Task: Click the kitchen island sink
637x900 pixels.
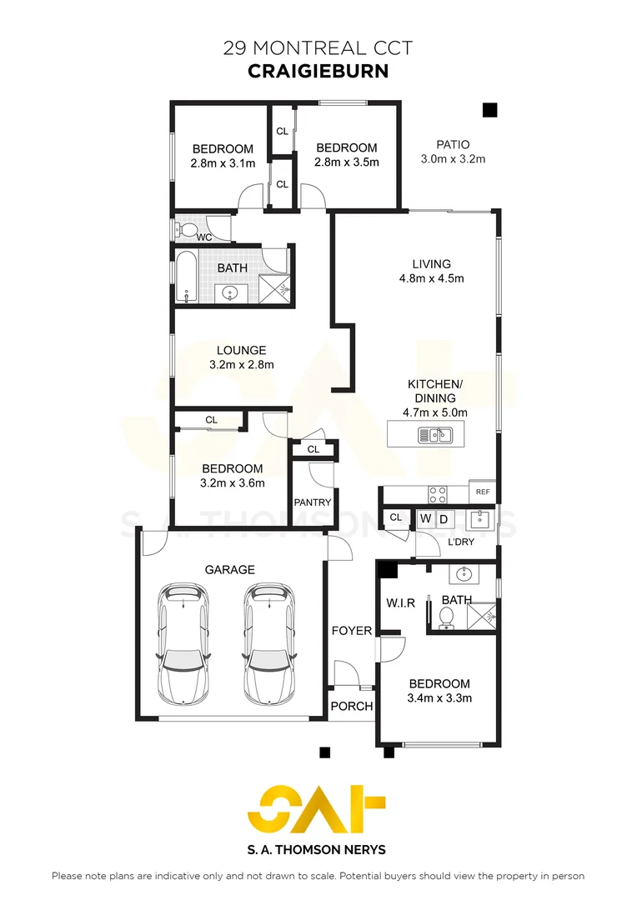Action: [x=434, y=434]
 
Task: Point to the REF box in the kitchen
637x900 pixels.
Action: [x=482, y=492]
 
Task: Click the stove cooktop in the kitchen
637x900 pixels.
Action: [x=439, y=493]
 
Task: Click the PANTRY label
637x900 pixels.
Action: [x=313, y=502]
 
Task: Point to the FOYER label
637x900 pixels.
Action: [x=352, y=631]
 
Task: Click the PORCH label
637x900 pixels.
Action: [x=352, y=706]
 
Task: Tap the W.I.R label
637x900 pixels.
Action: [x=400, y=602]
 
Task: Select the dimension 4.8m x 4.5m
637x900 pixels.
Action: [x=431, y=278]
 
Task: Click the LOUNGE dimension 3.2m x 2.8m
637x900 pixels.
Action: [x=242, y=364]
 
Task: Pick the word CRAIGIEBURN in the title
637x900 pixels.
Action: [x=318, y=72]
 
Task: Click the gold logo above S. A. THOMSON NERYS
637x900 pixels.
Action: [x=318, y=809]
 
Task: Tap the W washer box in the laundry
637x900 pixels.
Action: [x=425, y=519]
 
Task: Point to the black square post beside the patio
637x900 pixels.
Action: [x=489, y=109]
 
